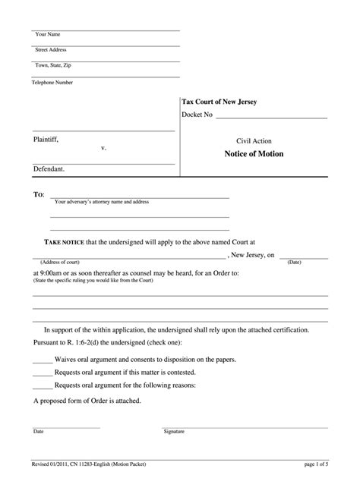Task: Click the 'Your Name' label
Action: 48,35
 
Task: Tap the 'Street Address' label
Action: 51,50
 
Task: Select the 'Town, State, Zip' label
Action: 52,66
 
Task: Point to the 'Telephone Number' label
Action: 52,82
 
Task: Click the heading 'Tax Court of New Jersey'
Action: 219,101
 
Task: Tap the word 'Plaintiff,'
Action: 46,139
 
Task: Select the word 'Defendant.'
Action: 49,169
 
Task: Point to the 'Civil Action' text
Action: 254,141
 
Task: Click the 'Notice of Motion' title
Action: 254,154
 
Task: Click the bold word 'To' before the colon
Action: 37,195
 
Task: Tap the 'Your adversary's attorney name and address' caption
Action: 102,203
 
